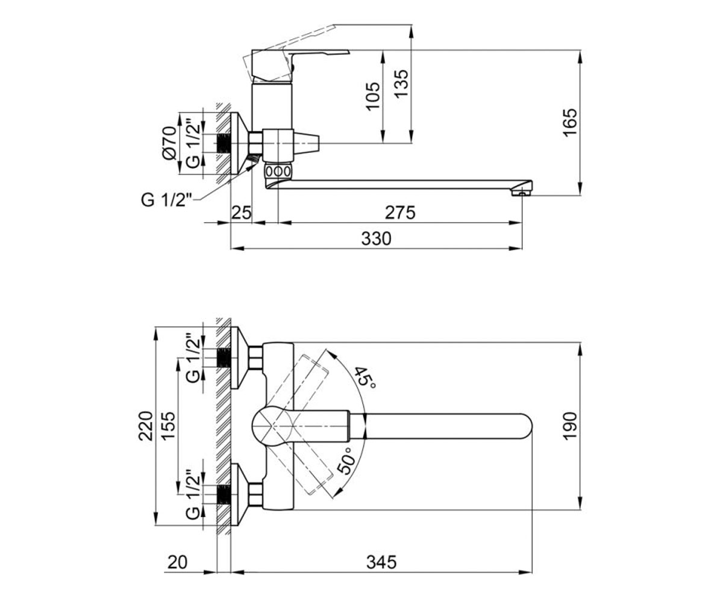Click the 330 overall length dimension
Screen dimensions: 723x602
376,239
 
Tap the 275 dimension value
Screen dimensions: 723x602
400,213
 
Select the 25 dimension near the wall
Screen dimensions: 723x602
241,213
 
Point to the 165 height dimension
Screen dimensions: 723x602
571,123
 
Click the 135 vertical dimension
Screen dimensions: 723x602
401,84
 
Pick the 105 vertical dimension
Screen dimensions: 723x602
372,96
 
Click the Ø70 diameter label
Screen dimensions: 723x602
169,143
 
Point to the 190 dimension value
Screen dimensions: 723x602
570,426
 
